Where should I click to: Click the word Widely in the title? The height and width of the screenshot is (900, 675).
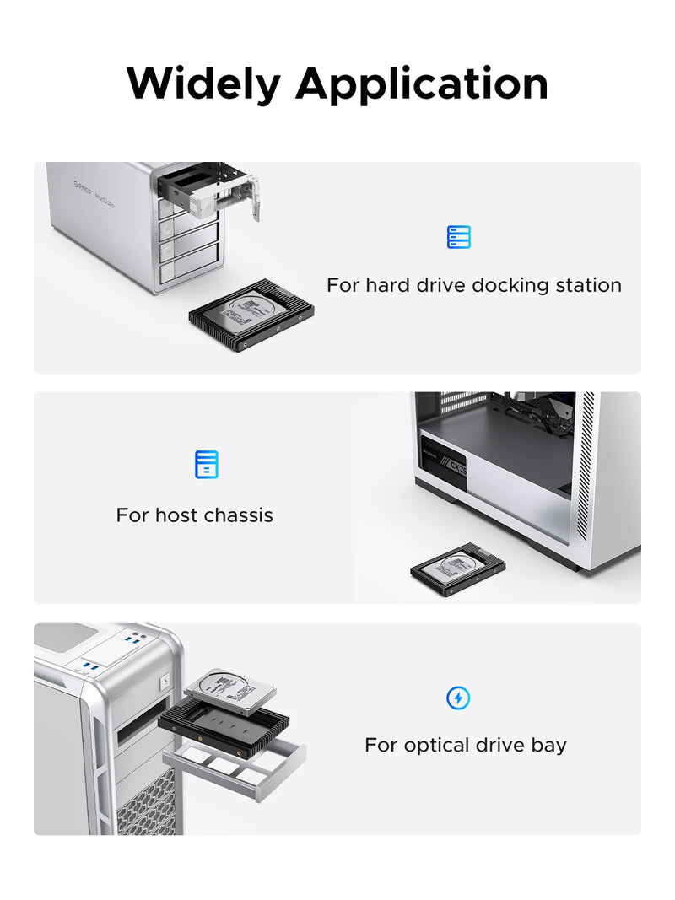point(202,84)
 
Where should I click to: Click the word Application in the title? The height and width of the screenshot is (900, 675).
point(421,85)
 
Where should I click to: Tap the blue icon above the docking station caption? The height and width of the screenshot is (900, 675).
point(458,237)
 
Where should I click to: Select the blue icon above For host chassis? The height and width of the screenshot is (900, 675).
point(206,464)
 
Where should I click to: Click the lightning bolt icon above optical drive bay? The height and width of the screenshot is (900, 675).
point(458,698)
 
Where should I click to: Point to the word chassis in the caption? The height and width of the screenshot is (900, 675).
point(239,515)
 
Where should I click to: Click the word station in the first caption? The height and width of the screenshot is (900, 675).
point(588,285)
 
